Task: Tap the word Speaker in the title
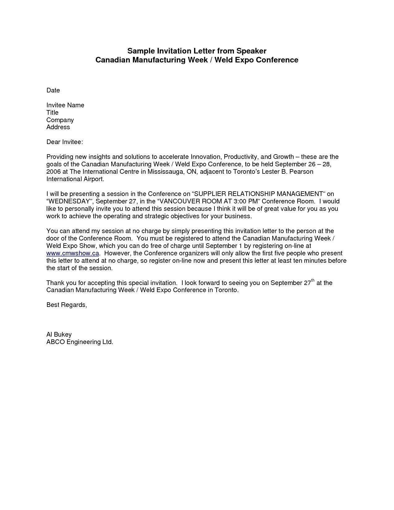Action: click(252, 51)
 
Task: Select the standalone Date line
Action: click(53, 90)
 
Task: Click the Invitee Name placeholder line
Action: click(65, 105)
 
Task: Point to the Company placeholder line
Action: click(60, 120)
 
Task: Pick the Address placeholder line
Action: click(58, 127)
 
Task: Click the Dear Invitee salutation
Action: click(65, 142)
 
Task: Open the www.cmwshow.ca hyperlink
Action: click(73, 253)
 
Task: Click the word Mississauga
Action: click(164, 172)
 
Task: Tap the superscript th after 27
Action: click(313, 280)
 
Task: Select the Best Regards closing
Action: click(66, 305)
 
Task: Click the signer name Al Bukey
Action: click(59, 334)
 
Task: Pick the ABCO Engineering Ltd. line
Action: click(80, 342)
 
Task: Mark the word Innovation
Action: click(205, 157)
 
